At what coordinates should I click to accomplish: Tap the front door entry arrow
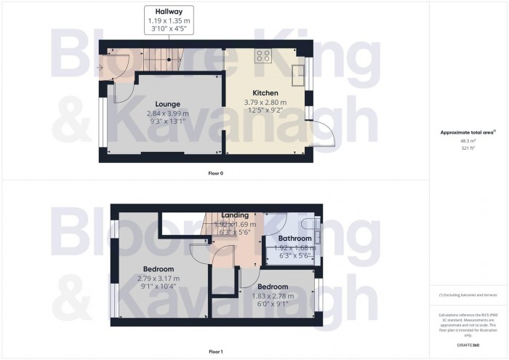click(x=100, y=68)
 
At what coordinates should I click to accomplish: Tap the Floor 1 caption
click(x=216, y=351)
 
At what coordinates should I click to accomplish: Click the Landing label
click(x=235, y=215)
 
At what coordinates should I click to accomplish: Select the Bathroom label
click(x=294, y=239)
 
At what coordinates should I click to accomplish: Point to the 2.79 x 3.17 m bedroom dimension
click(x=158, y=279)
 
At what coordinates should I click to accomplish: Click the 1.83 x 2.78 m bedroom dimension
click(x=273, y=296)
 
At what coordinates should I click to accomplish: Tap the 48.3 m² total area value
click(x=468, y=141)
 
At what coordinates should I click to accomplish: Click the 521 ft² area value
click(x=468, y=148)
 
